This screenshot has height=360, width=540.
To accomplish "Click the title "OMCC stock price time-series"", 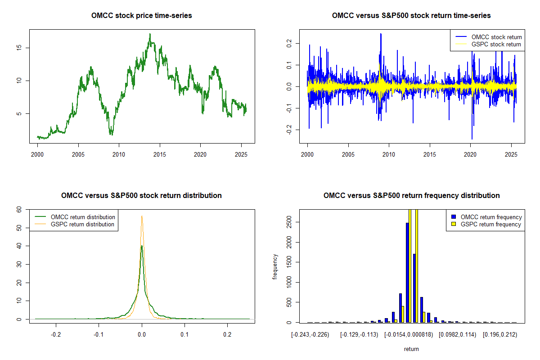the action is click(x=141, y=15).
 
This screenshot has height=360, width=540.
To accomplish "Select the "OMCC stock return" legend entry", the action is click(x=488, y=37).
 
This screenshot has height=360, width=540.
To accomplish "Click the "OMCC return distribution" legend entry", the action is click(x=75, y=217).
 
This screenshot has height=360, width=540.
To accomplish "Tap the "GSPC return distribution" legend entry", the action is click(x=74, y=224).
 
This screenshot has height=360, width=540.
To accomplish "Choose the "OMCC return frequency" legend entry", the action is click(x=486, y=217).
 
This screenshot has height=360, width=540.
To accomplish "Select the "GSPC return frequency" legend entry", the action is click(x=486, y=224).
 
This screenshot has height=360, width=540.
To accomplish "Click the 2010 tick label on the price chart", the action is click(x=119, y=154).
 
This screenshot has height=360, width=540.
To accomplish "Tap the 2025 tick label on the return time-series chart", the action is click(x=511, y=154).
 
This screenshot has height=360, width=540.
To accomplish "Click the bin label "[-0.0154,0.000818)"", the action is click(x=409, y=335).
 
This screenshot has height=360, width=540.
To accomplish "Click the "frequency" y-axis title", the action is click(x=274, y=267).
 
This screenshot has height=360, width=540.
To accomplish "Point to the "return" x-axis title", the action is click(x=411, y=349).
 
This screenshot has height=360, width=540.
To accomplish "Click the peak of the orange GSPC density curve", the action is click(x=142, y=216).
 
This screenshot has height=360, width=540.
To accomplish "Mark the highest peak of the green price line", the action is click(x=150, y=34).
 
